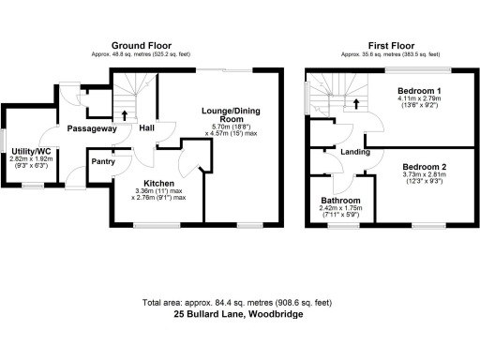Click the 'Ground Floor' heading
click(x=141, y=45)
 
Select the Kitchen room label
click(x=158, y=184)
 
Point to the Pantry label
click(x=102, y=161)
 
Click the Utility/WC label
click(x=30, y=150)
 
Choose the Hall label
click(x=147, y=128)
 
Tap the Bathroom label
click(x=339, y=201)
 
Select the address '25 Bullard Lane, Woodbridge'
click(x=239, y=315)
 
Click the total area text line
click(x=239, y=303)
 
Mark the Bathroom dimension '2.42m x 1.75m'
click(x=339, y=210)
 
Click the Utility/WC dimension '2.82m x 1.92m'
click(x=30, y=159)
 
